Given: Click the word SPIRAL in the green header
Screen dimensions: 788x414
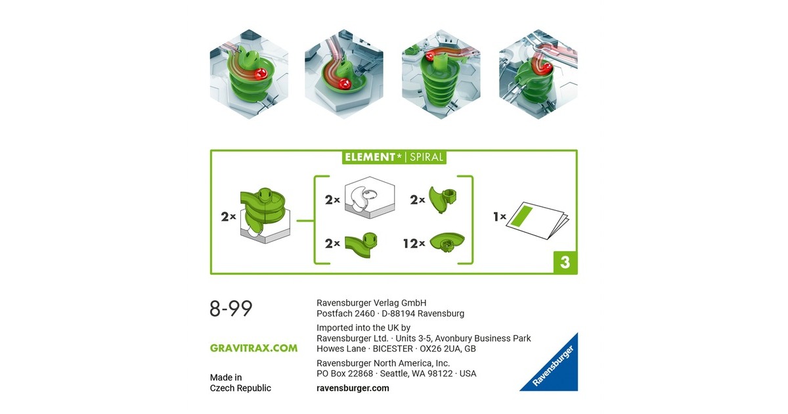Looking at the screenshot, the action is click(x=426, y=157).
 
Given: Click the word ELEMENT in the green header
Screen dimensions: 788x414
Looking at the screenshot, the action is click(x=370, y=157).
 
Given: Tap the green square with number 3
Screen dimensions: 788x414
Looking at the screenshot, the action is click(x=565, y=262).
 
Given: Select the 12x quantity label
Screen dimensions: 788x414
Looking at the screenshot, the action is click(x=414, y=243).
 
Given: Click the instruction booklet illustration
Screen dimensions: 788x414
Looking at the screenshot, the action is click(x=537, y=220).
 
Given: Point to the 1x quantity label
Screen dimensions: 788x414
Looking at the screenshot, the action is click(x=500, y=216).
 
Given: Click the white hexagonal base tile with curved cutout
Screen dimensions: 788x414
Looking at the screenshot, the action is click(x=369, y=197).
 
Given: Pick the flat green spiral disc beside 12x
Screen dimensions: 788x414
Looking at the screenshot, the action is click(x=447, y=242).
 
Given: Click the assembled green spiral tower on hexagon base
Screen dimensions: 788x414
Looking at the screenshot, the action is click(x=265, y=216).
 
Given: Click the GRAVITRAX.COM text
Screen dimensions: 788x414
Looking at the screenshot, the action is click(x=253, y=348).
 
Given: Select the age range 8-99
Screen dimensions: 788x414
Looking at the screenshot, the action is click(x=230, y=308).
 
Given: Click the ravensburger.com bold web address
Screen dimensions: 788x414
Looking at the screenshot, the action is click(x=353, y=388).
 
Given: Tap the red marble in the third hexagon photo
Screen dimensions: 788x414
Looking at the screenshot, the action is click(x=430, y=57).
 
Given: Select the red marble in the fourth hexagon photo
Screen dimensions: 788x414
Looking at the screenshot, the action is click(x=546, y=68).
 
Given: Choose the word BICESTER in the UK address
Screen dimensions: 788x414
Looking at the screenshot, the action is click(x=393, y=349).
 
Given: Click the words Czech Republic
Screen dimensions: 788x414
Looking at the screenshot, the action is click(x=240, y=388).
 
